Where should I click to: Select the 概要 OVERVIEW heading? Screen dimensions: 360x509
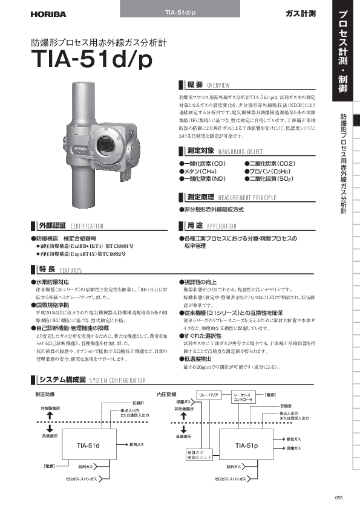coord(206,85)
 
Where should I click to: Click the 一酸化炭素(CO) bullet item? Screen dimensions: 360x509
coord(203,164)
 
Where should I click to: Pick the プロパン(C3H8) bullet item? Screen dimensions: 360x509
coord(269,172)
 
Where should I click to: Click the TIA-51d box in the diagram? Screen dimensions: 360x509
coord(88,445)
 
